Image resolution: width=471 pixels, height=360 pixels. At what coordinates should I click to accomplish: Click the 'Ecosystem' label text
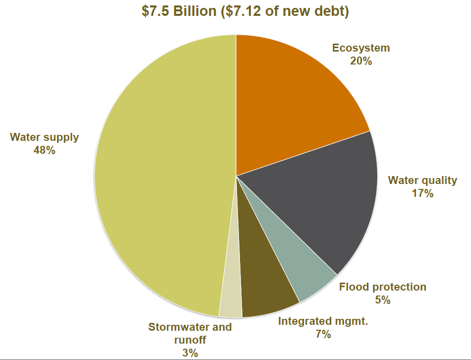coord(361,48)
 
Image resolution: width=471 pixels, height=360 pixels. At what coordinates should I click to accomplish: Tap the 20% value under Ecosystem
coord(361,61)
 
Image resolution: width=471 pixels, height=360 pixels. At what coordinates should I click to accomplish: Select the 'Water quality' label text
coord(422,180)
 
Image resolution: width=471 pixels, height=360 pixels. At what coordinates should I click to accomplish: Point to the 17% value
coord(422,193)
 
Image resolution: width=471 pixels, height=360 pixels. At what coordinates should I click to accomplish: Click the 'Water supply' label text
coord(45,137)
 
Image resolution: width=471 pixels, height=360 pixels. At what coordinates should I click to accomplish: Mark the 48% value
coord(45,150)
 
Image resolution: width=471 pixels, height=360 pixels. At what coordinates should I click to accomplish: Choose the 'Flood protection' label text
coord(382,287)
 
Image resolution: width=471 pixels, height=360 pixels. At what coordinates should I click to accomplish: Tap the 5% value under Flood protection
coord(382,300)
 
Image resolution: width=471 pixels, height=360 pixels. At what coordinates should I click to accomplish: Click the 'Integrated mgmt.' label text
coord(323,321)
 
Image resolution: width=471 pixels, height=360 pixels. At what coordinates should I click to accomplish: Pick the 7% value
coord(323,334)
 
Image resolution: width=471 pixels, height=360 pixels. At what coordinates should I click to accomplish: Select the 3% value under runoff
coord(190,353)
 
